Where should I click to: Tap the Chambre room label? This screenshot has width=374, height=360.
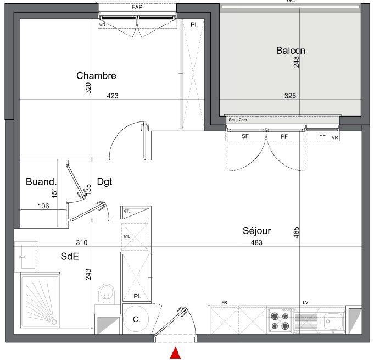point(96,76)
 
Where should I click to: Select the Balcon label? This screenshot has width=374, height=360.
point(291,51)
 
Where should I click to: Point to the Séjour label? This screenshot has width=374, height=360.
point(257,231)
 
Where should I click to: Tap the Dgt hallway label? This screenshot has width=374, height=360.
point(104,181)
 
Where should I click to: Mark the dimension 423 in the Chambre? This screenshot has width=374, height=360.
point(112,96)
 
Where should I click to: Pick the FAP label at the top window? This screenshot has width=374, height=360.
point(137,8)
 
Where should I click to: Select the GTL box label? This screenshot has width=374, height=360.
point(127,211)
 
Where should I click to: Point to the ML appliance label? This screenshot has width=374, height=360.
point(126,237)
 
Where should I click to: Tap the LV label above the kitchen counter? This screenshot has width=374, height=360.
point(305,303)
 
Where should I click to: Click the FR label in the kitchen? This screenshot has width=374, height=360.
point(224,303)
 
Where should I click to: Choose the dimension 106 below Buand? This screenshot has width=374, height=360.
point(44,207)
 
